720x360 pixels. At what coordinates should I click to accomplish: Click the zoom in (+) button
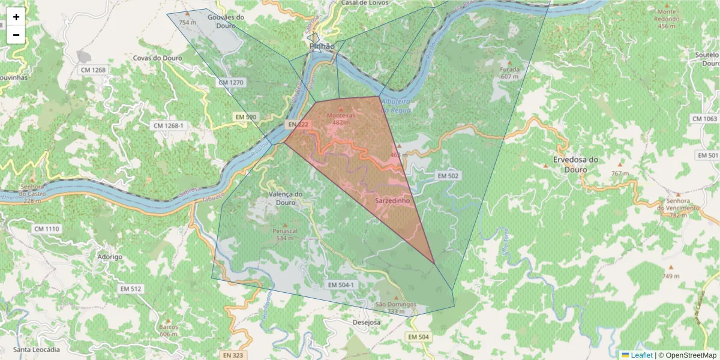(x=16, y=17)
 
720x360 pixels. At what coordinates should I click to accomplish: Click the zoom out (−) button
(x=16, y=35)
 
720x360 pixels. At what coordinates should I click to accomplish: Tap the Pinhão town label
(x=322, y=46)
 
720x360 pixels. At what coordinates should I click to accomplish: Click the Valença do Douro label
(x=286, y=198)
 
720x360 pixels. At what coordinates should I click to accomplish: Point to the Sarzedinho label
(x=392, y=201)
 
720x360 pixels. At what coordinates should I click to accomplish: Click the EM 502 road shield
(x=448, y=176)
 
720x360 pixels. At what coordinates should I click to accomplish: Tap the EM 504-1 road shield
(x=342, y=284)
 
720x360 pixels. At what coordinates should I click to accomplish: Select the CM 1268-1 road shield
(x=168, y=125)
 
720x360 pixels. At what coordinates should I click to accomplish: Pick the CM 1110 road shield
(x=47, y=229)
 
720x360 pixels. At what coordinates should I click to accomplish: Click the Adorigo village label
(x=110, y=257)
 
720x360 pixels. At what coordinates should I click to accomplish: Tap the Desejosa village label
(x=367, y=322)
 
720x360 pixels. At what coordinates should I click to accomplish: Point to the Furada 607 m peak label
(x=509, y=73)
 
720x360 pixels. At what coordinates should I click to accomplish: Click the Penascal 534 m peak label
(x=284, y=234)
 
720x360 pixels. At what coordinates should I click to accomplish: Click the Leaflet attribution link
(x=641, y=355)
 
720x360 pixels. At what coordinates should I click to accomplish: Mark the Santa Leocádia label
(x=37, y=349)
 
